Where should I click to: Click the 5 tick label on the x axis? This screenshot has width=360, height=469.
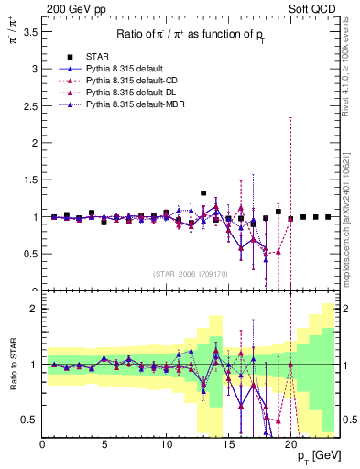104,444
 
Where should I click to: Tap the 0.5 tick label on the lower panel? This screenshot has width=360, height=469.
29,420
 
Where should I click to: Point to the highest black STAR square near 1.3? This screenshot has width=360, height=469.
203,193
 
